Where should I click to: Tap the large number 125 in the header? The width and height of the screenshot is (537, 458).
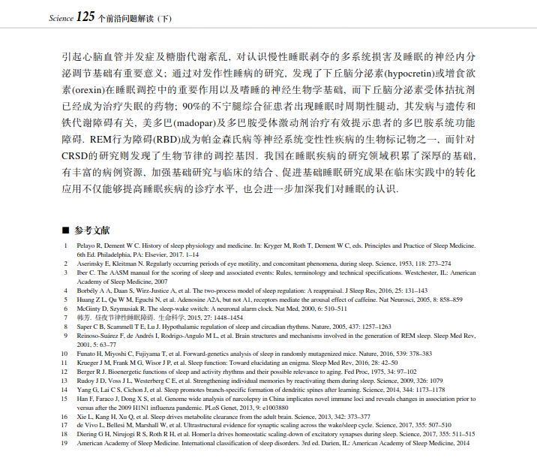tap(86, 16)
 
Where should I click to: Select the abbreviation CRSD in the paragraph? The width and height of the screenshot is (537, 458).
tap(76, 155)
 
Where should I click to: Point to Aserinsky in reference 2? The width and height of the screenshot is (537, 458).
tap(90, 264)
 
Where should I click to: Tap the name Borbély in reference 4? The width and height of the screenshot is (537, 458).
tap(88, 290)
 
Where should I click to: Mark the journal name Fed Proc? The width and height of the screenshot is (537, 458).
tap(352, 370)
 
